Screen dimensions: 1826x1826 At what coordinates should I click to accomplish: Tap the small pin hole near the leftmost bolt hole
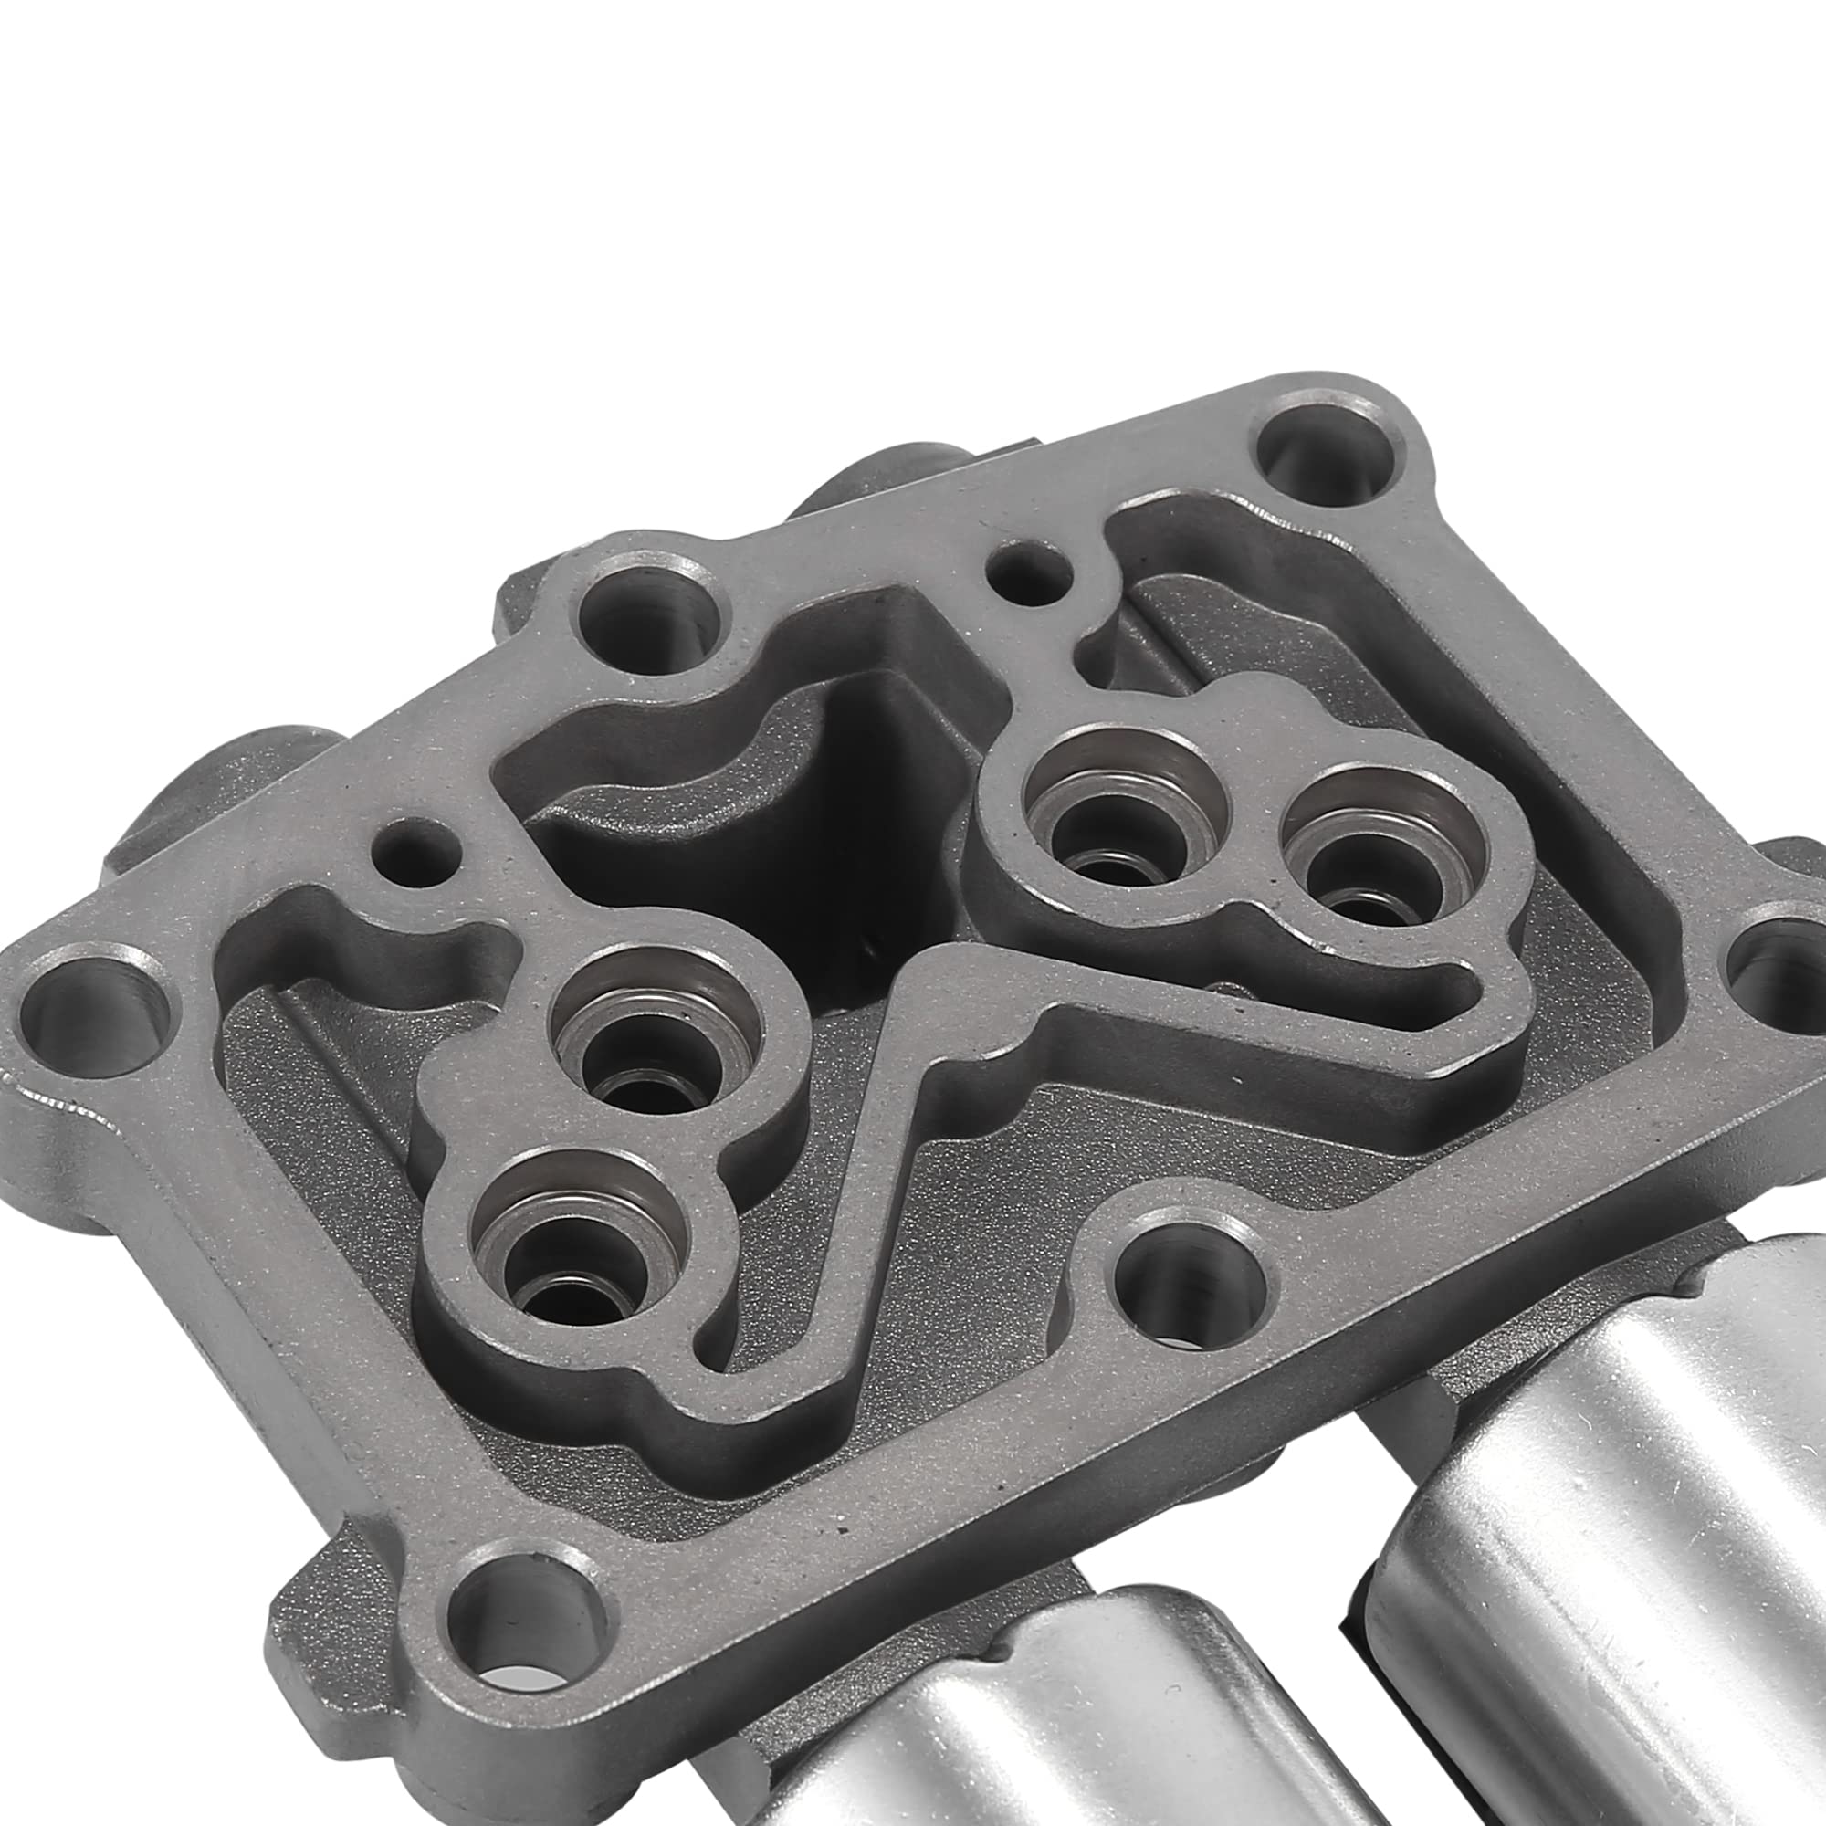click(x=415, y=841)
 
